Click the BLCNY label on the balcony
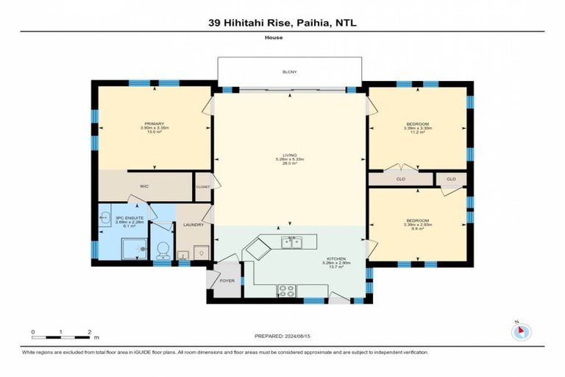pos(288,71)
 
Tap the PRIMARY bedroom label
pos(154,124)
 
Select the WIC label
pos(144,186)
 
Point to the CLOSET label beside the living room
pos(203,187)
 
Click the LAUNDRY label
pos(193,225)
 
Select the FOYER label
pos(225,281)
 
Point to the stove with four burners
pos(286,289)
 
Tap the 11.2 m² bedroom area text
pos(417,132)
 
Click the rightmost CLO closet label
pos(451,179)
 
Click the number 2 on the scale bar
pos(89,331)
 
